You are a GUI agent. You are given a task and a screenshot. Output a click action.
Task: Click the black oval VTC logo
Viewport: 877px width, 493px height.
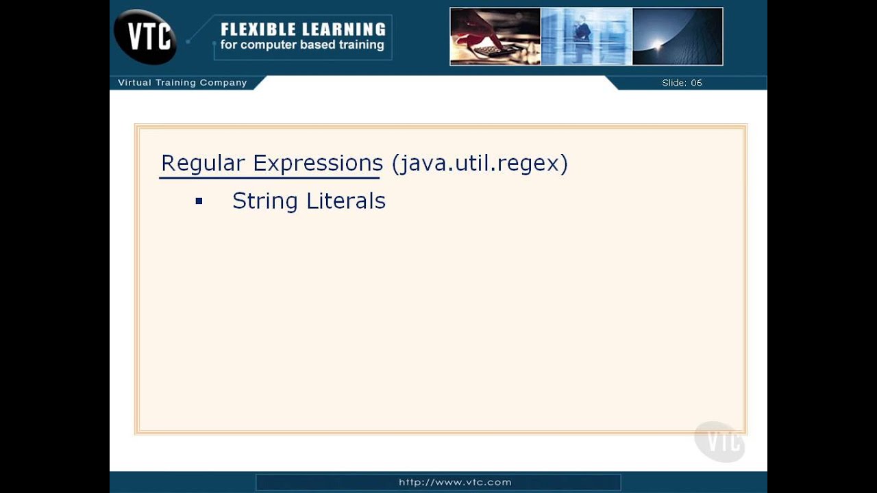[x=145, y=36]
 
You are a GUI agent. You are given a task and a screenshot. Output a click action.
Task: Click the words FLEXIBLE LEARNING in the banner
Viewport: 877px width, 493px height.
[x=303, y=29]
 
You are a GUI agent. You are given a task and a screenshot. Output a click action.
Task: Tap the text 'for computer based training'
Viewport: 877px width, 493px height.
[x=302, y=45]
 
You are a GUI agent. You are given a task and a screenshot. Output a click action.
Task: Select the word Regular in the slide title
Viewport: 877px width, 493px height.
[x=203, y=164]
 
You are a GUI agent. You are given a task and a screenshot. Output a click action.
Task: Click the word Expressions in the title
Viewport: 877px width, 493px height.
[x=317, y=164]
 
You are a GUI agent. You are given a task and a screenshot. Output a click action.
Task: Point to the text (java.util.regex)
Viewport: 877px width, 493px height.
[x=480, y=164]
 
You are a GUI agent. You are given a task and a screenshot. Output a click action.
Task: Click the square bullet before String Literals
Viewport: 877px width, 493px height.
[x=199, y=201]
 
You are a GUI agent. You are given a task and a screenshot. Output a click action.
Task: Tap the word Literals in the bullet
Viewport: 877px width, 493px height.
[x=346, y=201]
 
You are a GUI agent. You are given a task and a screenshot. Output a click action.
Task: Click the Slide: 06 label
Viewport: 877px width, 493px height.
[x=682, y=83]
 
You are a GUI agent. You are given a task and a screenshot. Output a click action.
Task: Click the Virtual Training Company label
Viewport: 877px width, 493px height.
[x=182, y=83]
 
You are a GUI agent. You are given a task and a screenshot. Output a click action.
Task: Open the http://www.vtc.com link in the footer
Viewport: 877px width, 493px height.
[x=455, y=482]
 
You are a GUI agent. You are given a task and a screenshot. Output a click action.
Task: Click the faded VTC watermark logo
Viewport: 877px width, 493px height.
[x=719, y=442]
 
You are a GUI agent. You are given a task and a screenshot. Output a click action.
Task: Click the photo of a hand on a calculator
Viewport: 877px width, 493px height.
[x=495, y=37]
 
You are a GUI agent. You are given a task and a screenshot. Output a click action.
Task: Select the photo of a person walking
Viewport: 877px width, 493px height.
[x=586, y=37]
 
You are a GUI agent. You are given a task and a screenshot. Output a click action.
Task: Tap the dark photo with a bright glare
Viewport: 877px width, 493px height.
[x=677, y=37]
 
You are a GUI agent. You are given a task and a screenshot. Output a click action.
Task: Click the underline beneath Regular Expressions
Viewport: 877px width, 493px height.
[x=269, y=178]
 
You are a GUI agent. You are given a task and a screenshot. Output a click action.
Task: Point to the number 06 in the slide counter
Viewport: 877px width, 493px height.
[x=696, y=83]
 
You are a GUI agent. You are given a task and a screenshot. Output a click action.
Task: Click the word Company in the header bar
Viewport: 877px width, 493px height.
[x=223, y=83]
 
